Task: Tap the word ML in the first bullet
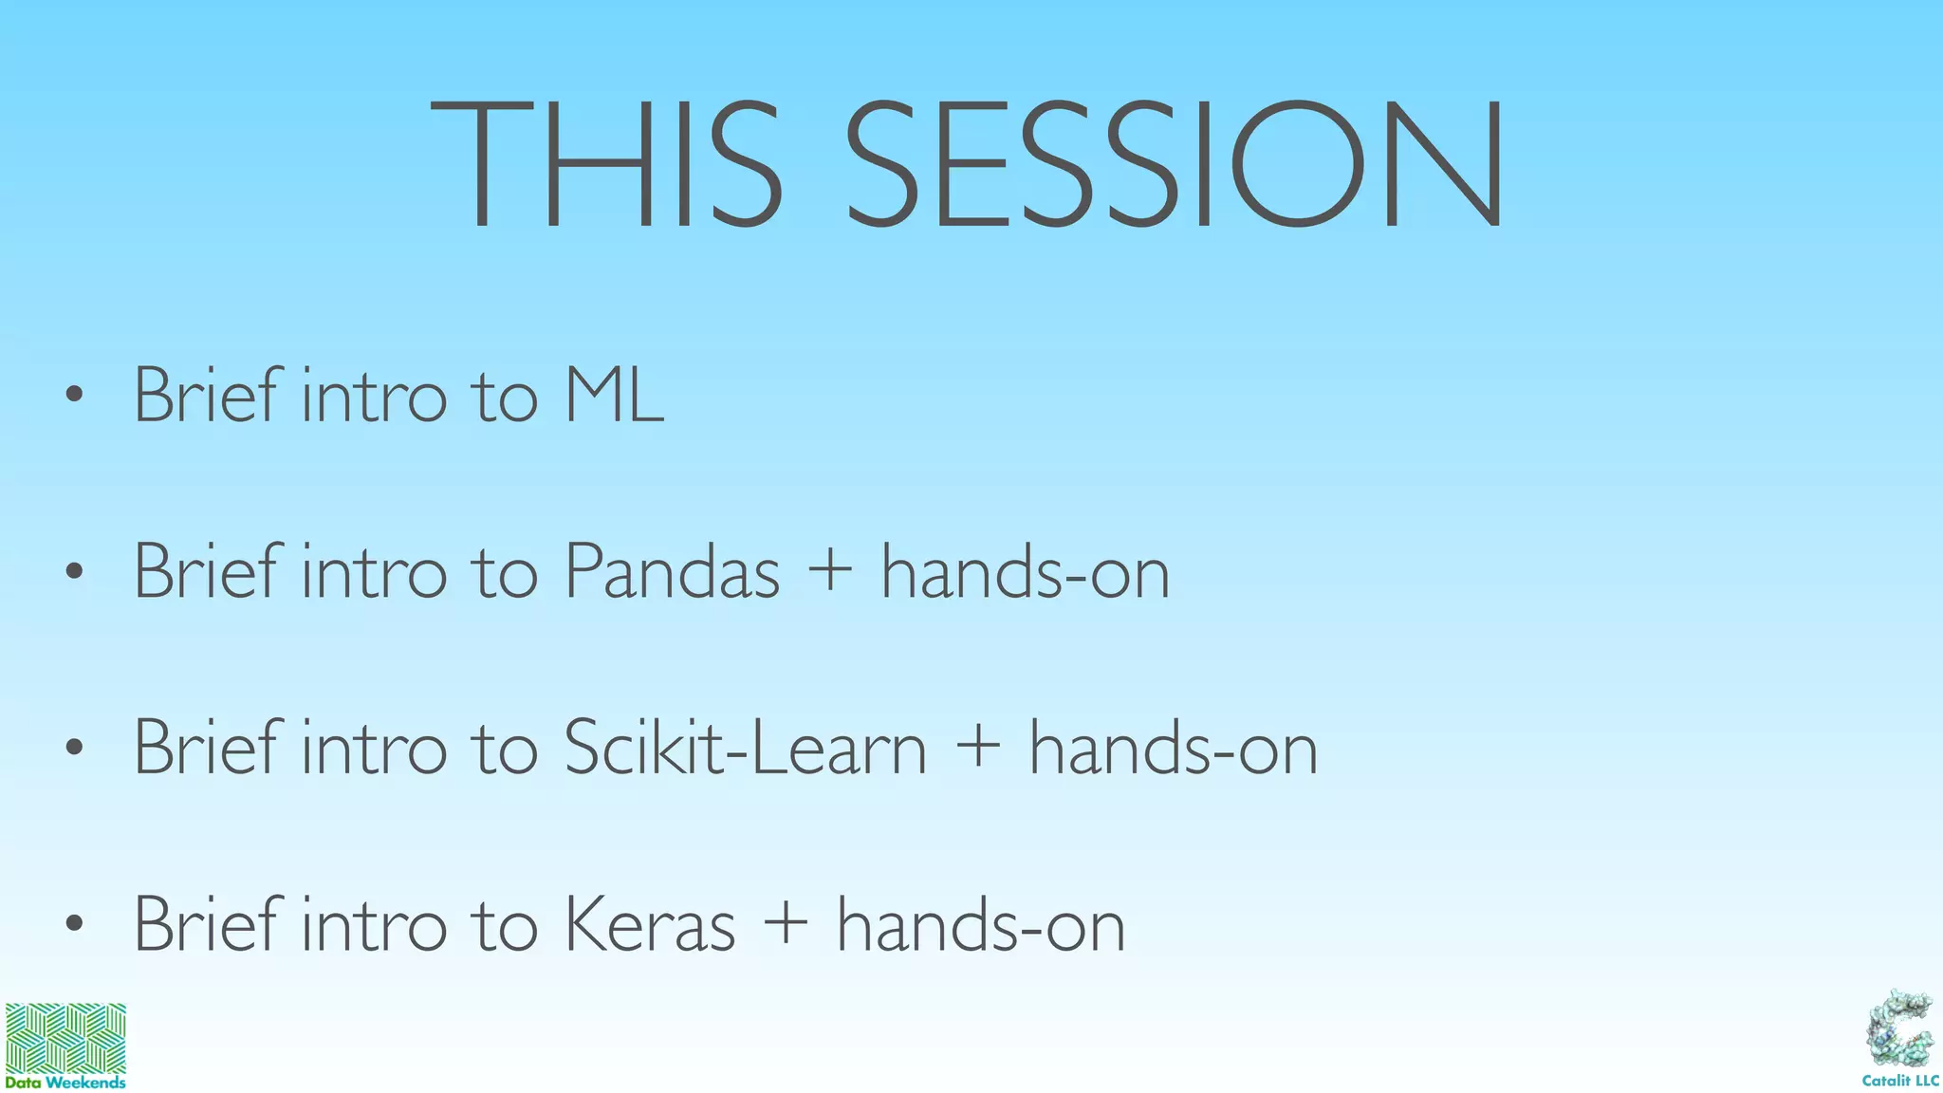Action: (614, 396)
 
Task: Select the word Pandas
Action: (672, 572)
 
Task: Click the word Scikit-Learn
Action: (745, 749)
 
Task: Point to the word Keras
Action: (650, 925)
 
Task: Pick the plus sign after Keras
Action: (786, 926)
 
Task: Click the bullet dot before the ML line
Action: (75, 396)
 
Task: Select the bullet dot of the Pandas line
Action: (75, 572)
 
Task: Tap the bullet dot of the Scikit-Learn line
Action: (75, 749)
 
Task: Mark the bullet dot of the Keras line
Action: (75, 924)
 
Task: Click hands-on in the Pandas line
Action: (1026, 572)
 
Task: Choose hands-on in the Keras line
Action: (981, 925)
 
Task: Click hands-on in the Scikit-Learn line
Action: (1174, 749)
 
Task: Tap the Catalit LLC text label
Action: (1899, 1081)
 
